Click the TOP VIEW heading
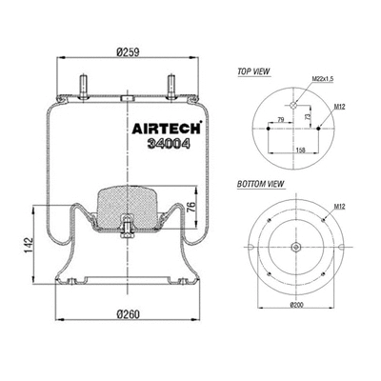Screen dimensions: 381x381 (251, 71)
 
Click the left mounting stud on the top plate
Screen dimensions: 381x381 (83, 83)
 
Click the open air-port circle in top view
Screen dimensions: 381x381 (294, 104)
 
